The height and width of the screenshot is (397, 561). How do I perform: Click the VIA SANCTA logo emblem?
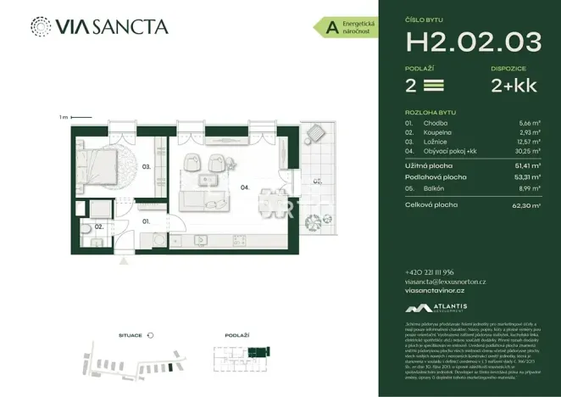click(x=40, y=26)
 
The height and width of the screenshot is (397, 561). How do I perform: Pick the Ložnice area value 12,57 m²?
click(x=528, y=142)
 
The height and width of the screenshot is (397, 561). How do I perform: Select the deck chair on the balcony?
click(x=316, y=134)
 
